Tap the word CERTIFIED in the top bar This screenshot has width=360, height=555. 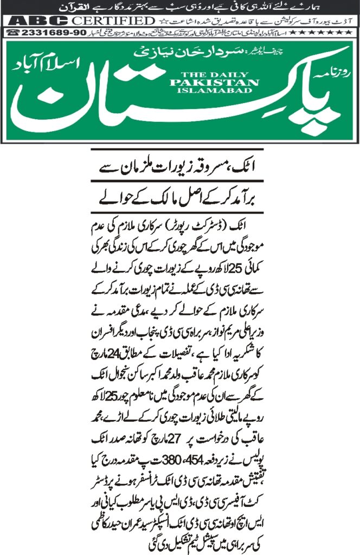pyautogui.click(x=112, y=21)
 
